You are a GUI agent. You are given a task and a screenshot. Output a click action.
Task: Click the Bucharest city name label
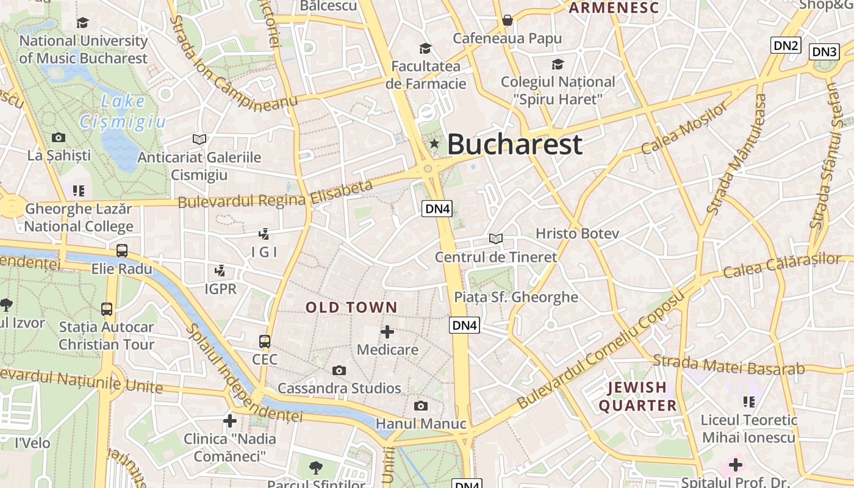(514, 145)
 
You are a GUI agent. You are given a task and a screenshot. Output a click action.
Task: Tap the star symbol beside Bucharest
(434, 144)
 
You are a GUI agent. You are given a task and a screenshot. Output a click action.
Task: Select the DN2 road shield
(785, 45)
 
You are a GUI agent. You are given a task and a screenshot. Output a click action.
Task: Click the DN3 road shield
(824, 52)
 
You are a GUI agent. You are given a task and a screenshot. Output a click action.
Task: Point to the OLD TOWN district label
(351, 307)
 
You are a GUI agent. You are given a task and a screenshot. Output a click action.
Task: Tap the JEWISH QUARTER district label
(637, 396)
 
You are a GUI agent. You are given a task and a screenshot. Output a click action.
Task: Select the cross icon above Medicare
(387, 332)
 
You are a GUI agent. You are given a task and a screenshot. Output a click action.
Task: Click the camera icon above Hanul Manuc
(420, 406)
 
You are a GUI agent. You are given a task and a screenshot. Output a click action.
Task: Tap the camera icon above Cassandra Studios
(339, 370)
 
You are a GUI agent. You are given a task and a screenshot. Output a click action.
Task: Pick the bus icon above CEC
(265, 342)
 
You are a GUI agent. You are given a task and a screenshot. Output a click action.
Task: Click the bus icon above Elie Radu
(122, 251)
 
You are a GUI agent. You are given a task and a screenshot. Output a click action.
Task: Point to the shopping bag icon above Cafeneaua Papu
(507, 21)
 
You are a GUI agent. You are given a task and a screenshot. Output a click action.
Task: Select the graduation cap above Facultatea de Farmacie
(425, 48)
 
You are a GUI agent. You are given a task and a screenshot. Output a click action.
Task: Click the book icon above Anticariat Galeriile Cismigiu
(199, 139)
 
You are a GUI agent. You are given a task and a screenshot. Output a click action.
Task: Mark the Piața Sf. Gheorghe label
(516, 297)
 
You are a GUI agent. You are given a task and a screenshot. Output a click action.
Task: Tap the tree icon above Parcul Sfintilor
(315, 468)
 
